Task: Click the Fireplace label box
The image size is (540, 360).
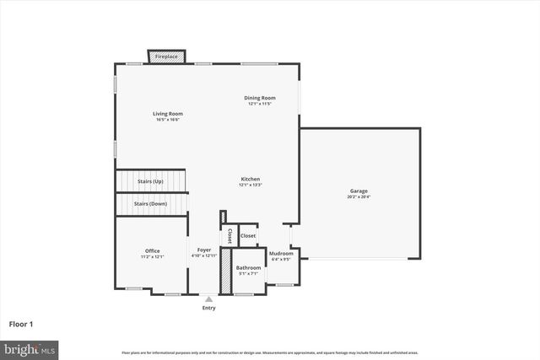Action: click(167, 56)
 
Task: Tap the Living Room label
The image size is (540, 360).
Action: click(168, 114)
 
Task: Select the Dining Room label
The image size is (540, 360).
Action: click(258, 98)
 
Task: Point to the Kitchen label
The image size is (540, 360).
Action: click(251, 179)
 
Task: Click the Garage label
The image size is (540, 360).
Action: click(359, 191)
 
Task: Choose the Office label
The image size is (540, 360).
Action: click(152, 250)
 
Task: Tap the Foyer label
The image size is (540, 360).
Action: click(204, 250)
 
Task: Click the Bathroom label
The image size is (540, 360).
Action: click(248, 267)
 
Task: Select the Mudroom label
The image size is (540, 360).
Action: click(281, 254)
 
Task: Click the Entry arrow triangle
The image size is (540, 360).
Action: click(208, 298)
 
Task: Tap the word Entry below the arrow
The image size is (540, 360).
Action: click(208, 308)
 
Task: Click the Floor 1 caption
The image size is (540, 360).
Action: click(21, 324)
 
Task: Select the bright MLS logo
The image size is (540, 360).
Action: click(30, 347)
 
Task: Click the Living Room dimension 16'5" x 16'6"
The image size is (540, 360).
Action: click(168, 120)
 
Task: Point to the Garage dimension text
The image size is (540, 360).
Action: click(359, 196)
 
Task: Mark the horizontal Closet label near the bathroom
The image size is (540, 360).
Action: click(248, 236)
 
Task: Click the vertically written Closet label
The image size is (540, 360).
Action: click(229, 236)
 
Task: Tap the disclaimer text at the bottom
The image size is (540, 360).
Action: click(269, 352)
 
